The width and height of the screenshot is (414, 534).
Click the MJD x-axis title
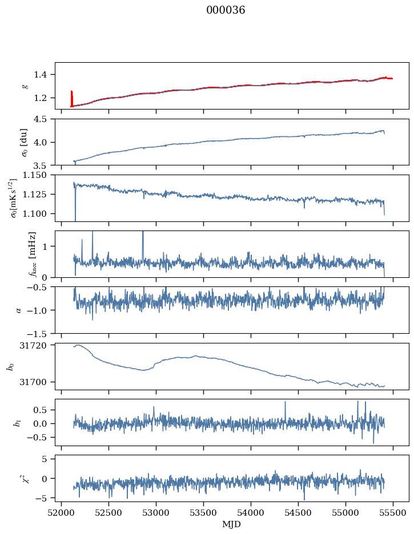tap(232, 524)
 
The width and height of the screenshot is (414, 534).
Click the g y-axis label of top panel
tap(25, 86)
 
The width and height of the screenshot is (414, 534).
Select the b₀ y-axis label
tap(10, 366)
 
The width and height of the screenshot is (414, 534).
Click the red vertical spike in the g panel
tap(71, 97)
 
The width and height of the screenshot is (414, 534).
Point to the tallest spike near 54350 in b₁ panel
tap(285, 403)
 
